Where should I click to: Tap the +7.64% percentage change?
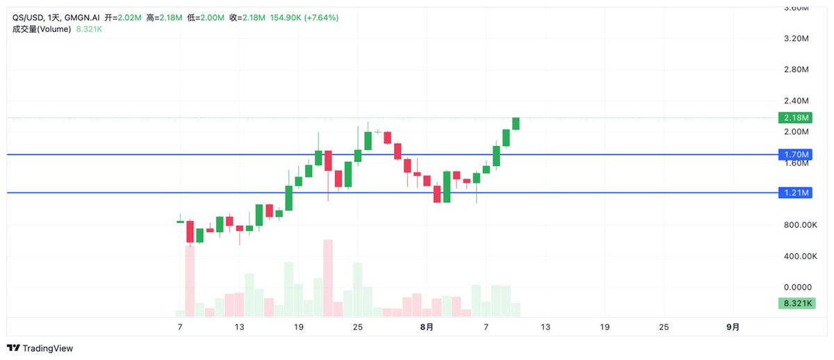(x=320, y=18)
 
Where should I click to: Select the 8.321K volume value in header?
(x=89, y=29)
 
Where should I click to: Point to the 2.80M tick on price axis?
(x=796, y=69)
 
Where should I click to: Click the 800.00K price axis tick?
(x=800, y=225)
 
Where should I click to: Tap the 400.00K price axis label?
(x=800, y=256)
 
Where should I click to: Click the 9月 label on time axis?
(x=733, y=327)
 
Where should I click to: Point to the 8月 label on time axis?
(x=427, y=327)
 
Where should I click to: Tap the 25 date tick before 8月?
(x=357, y=327)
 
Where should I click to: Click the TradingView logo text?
(x=47, y=348)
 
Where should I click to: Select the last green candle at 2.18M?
(x=516, y=123)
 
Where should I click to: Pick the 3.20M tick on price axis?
(x=796, y=39)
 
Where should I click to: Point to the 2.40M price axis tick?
(x=796, y=101)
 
